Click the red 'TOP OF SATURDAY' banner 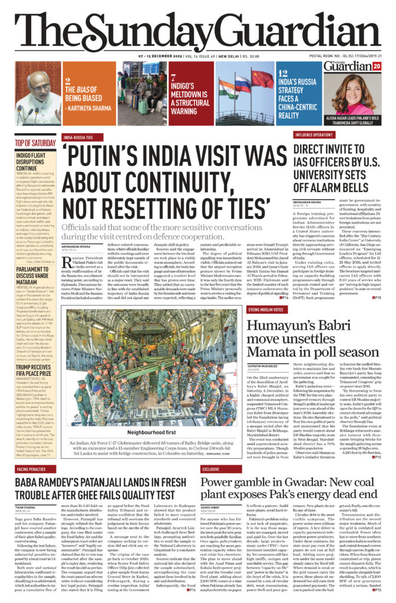(x=35, y=143)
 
